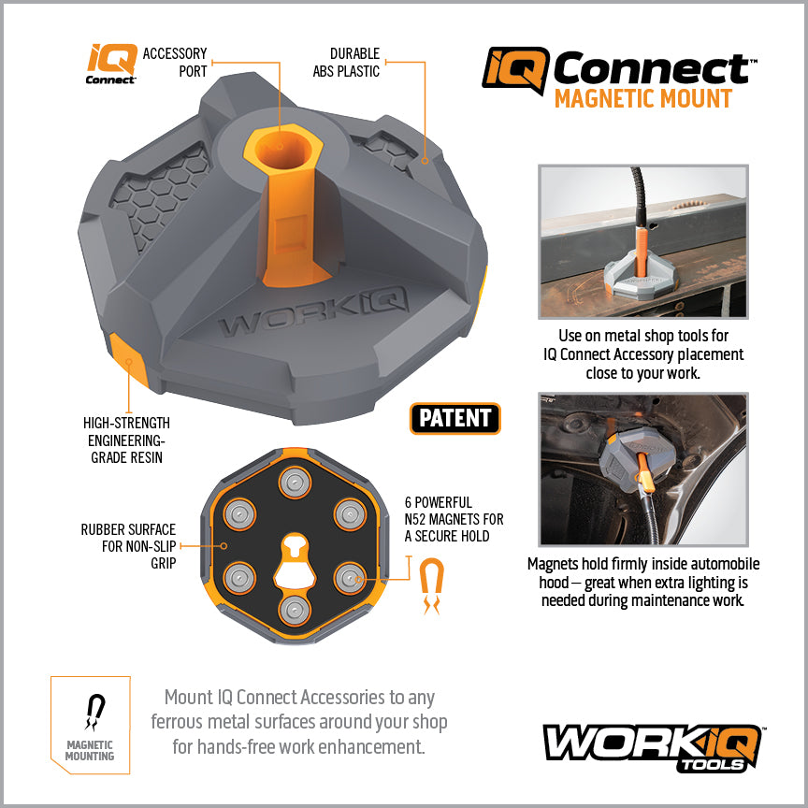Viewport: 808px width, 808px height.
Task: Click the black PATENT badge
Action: coord(455,419)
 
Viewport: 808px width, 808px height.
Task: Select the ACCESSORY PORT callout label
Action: coord(175,63)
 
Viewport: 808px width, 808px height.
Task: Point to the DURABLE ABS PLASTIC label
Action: coord(354,63)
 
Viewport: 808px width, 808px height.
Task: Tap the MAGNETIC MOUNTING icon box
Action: coord(90,723)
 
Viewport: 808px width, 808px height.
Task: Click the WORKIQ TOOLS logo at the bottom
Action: coord(652,745)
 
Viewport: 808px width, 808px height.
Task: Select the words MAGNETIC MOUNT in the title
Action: coord(642,98)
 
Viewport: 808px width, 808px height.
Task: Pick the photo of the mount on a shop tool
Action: coord(643,241)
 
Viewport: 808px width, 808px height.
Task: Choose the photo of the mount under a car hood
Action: coord(643,469)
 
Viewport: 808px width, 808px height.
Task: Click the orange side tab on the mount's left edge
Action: coord(125,357)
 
